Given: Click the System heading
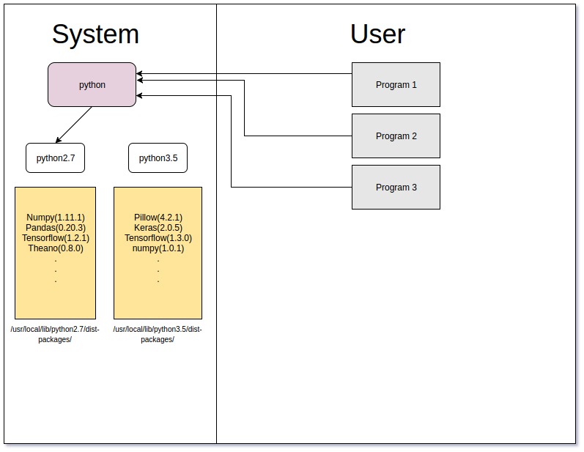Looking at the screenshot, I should [x=95, y=34].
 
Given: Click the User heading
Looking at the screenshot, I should [x=377, y=34].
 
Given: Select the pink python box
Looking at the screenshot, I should [x=92, y=85].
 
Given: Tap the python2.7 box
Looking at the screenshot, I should [x=56, y=158].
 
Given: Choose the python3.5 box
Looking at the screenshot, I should [x=158, y=158].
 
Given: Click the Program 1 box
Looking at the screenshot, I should [x=396, y=85].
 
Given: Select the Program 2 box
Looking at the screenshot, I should [x=396, y=136].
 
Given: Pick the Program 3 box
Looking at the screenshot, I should [x=396, y=188].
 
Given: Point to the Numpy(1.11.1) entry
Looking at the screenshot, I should [x=56, y=218].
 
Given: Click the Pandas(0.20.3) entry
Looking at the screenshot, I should [x=56, y=228].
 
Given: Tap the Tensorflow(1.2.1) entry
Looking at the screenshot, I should [x=56, y=238].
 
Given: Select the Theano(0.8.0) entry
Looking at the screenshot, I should [x=56, y=248].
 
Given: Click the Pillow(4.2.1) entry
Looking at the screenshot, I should [x=158, y=218].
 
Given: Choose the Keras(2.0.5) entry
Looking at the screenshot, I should [x=158, y=228].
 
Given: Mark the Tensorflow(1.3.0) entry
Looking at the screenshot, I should [x=158, y=238].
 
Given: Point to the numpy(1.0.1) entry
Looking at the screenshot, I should [x=158, y=248].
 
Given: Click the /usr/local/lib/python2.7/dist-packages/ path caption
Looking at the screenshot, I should [x=55, y=335].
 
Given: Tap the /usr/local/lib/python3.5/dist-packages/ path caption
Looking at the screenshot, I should [x=158, y=335].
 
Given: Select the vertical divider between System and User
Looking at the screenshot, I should [x=216, y=293].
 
